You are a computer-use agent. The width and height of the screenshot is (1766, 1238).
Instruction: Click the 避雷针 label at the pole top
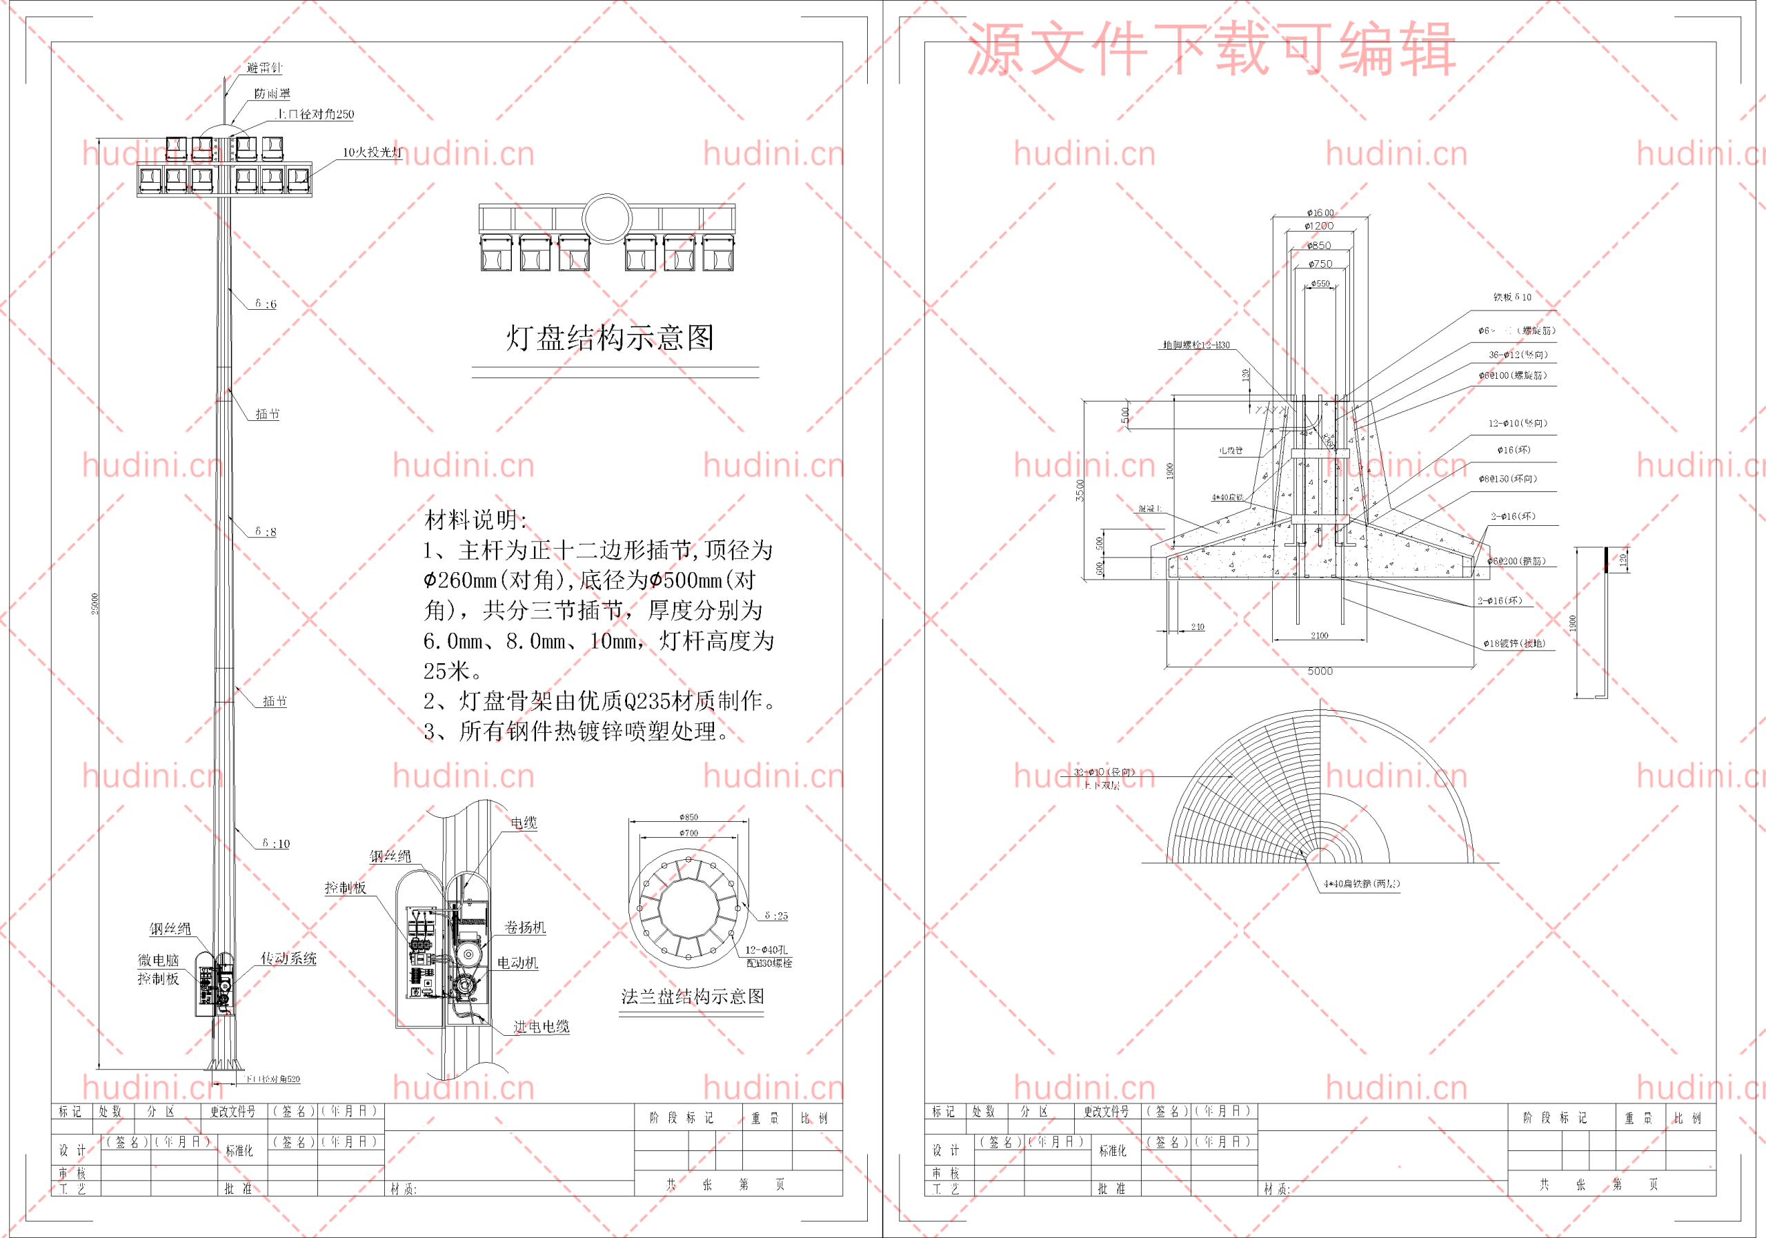[x=264, y=68]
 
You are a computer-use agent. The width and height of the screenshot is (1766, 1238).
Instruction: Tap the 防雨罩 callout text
[x=272, y=94]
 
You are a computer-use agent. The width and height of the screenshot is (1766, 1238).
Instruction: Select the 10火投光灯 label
[x=372, y=153]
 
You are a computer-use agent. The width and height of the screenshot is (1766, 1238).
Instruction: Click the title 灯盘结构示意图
[x=610, y=337]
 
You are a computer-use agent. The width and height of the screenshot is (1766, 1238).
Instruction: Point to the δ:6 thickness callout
[x=266, y=304]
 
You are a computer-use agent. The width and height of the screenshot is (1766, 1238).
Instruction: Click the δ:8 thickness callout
[x=266, y=531]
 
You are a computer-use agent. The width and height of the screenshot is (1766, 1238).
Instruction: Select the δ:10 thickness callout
[x=276, y=843]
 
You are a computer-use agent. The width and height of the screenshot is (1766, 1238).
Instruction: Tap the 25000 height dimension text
[x=95, y=603]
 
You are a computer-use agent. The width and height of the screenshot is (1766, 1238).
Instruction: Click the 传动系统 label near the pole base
[x=288, y=958]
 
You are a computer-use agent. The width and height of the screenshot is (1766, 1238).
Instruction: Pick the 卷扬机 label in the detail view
[x=524, y=927]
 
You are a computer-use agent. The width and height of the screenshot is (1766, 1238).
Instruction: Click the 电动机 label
[x=517, y=963]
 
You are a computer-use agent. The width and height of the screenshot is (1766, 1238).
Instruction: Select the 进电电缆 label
[x=541, y=1026]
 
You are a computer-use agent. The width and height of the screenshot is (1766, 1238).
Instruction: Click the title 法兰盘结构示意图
[x=692, y=997]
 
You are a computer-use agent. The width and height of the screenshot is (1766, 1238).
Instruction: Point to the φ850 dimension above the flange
[x=688, y=817]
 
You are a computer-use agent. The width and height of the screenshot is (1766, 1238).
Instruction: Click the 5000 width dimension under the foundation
[x=1320, y=671]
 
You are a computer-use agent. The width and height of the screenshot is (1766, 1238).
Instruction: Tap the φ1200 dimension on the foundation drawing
[x=1319, y=226]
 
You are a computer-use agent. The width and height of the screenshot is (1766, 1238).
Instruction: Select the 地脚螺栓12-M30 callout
[x=1196, y=346]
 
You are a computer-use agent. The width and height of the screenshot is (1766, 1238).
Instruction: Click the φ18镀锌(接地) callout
[x=1514, y=643]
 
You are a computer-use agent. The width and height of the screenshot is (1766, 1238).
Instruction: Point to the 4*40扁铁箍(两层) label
[x=1362, y=884]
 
